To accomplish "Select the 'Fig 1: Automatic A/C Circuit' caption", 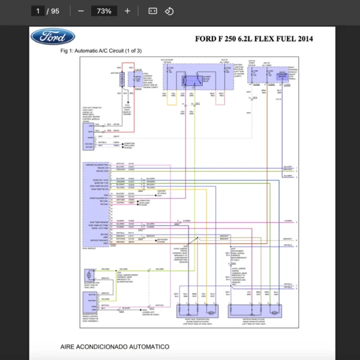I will coord(101,51).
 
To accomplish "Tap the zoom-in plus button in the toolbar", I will coord(127,11).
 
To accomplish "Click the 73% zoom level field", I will coord(104,11).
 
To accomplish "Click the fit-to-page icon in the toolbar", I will coord(152,11).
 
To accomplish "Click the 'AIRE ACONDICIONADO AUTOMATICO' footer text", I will coord(115,347).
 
